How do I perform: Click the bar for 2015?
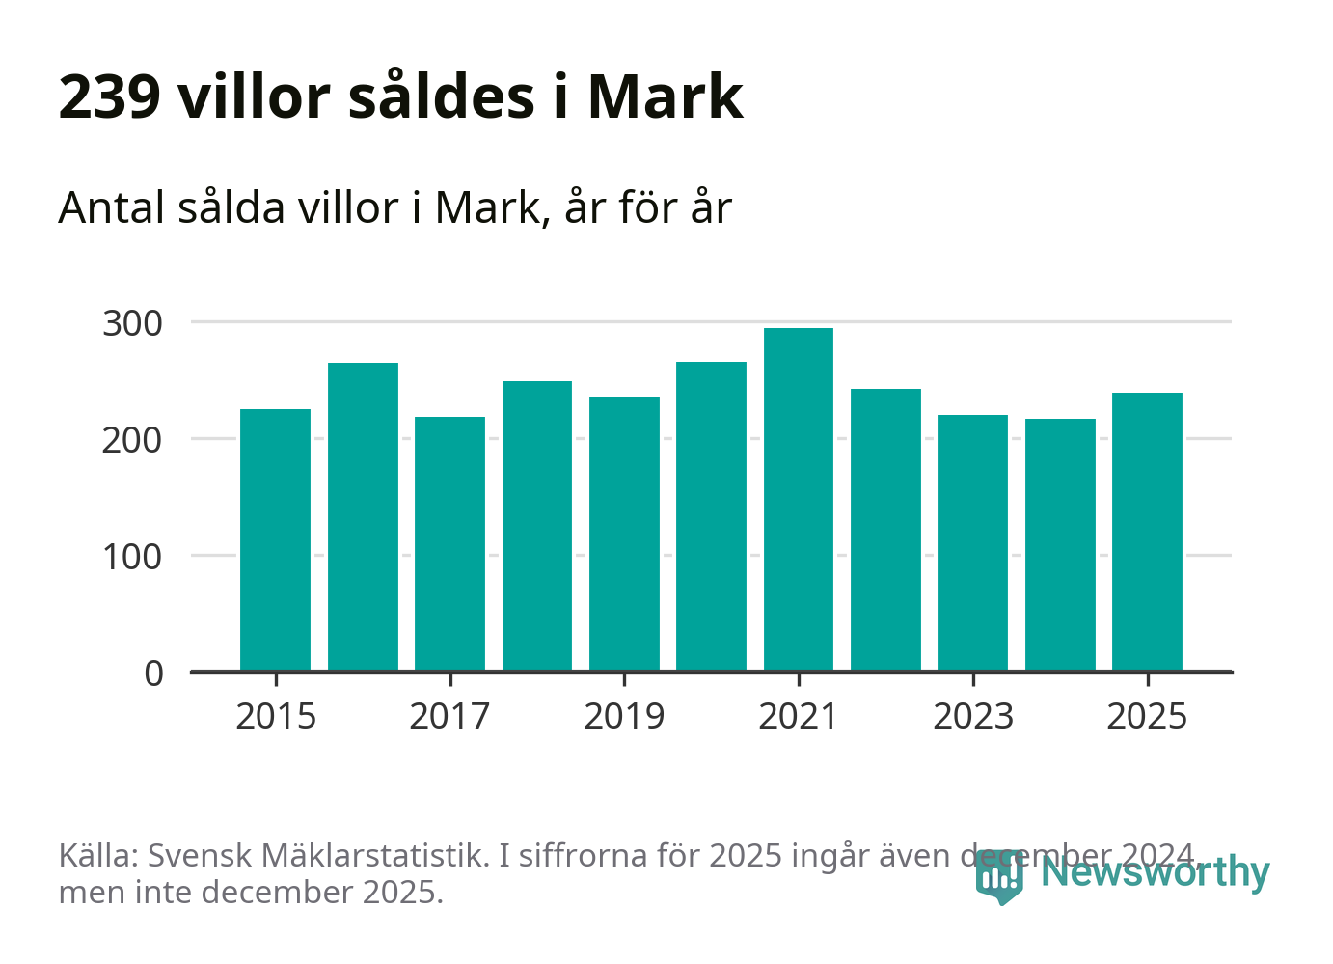click(275, 539)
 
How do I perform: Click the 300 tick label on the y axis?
click(132, 324)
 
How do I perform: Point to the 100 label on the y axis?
click(132, 558)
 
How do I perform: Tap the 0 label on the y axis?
click(154, 674)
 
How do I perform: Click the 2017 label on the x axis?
click(449, 717)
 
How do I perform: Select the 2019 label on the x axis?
click(624, 717)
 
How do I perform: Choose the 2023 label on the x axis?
click(973, 717)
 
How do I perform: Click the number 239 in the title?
click(109, 97)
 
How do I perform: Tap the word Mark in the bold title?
click(665, 97)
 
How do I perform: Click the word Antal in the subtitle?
click(112, 207)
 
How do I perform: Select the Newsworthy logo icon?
click(998, 876)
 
